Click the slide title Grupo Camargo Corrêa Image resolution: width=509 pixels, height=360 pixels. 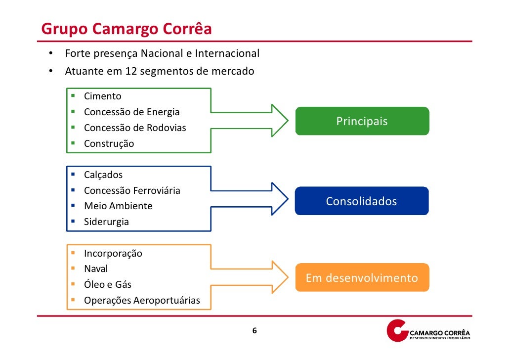(127, 29)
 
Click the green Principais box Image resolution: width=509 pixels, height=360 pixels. (362, 121)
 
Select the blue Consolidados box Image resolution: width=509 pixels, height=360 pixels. (361, 201)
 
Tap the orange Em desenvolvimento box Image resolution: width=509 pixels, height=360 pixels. (362, 278)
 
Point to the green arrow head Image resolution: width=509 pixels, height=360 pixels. (279, 120)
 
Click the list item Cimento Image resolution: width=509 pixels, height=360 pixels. (102, 96)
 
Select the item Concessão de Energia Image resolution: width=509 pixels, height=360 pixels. (131, 112)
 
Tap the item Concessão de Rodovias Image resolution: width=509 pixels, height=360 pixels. (135, 128)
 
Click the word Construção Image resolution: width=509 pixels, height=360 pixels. (109, 144)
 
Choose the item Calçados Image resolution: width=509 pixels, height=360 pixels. (103, 175)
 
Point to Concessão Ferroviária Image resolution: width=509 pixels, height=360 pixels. (132, 190)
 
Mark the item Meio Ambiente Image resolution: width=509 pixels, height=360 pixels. (118, 206)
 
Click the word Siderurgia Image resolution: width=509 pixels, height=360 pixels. (106, 222)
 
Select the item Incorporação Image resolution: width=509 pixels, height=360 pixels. (113, 254)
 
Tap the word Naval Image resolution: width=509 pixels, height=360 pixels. (96, 269)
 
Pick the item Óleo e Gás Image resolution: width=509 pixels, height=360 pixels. (108, 285)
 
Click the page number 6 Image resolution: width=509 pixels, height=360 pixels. (254, 331)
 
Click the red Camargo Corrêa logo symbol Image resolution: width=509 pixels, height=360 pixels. (397, 330)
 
